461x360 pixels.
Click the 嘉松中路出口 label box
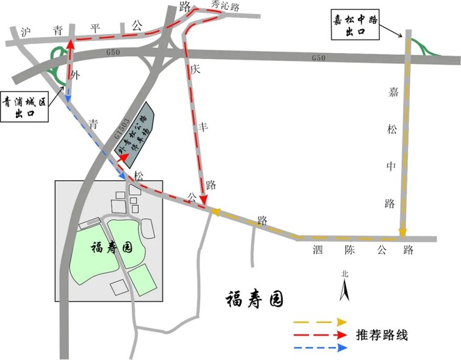click(355, 25)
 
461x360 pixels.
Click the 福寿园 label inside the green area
click(112, 247)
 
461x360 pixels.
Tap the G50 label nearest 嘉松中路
click(318, 57)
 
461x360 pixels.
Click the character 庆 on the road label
click(195, 69)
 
